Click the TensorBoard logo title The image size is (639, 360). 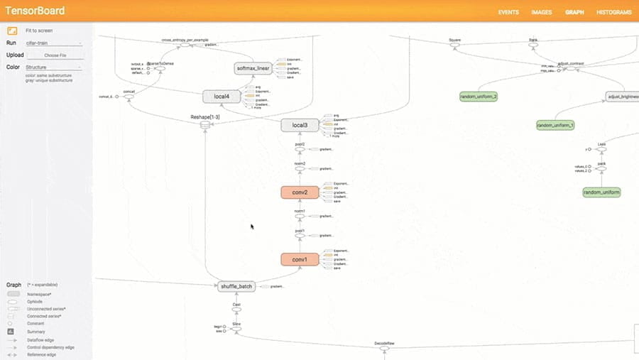coord(35,11)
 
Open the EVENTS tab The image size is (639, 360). coord(508,12)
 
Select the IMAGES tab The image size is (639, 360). coord(541,12)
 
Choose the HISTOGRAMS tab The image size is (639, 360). coord(614,12)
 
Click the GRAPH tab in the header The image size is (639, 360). coord(574,12)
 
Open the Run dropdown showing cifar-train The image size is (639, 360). coord(54,43)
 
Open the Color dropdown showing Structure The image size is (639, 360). coord(54,67)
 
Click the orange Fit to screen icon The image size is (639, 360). coord(12,31)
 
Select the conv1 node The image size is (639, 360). coord(300,260)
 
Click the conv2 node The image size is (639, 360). coord(300,192)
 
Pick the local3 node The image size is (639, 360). coord(300,126)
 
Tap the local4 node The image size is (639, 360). coord(222,96)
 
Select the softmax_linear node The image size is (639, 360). coord(254,69)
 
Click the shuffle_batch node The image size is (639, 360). coord(236,286)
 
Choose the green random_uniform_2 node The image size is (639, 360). coord(479,96)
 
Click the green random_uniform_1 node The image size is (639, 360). coord(555,125)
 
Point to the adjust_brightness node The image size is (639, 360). coord(622,96)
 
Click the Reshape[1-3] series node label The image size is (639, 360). coord(205,116)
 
